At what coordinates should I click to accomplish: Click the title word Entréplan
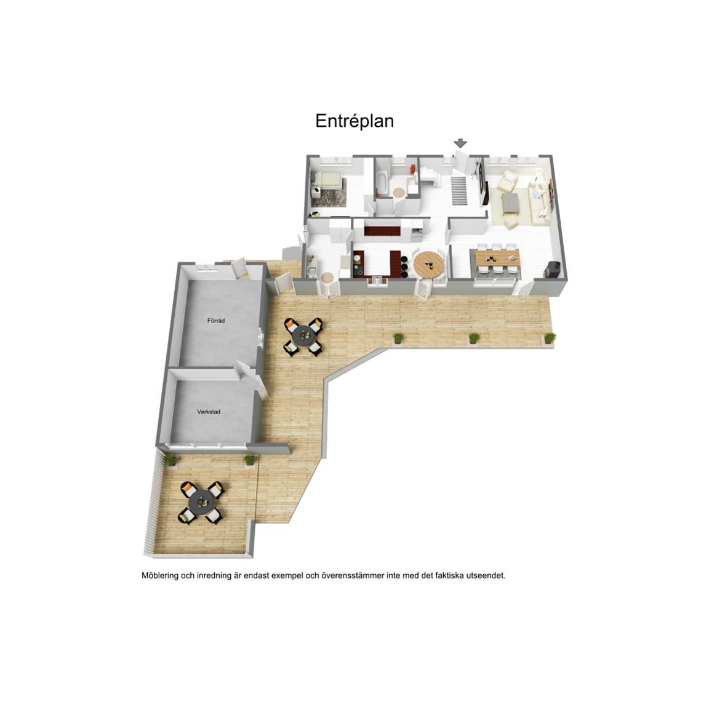pos(354,121)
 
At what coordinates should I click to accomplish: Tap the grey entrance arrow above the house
pos(460,143)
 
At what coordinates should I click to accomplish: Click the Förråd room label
pos(215,321)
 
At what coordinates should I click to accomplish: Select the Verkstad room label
pos(209,412)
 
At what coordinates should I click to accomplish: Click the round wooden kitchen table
pos(428,264)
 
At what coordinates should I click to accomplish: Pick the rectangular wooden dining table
pos(497,259)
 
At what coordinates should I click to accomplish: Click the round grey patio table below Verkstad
pos(201,502)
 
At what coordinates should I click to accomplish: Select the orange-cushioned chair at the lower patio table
pos(188,489)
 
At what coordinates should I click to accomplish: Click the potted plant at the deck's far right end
pos(550,338)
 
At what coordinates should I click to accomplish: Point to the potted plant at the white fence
pos(170,460)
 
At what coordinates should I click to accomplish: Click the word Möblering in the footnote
pos(160,576)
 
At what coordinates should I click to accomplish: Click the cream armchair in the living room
pos(507,182)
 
